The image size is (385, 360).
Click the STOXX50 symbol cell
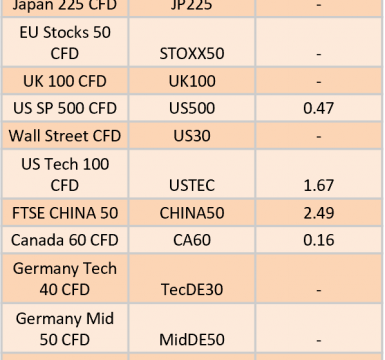tap(192, 54)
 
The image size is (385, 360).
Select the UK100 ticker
tap(192, 81)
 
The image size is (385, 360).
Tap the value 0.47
tap(318, 108)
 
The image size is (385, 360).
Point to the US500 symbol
tap(192, 108)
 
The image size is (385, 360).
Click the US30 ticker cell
tap(192, 136)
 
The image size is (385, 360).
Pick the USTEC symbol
tap(192, 185)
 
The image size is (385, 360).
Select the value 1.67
tap(319, 185)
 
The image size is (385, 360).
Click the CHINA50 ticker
tap(192, 213)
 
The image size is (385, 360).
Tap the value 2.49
tap(319, 213)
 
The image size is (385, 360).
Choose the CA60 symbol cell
tap(192, 240)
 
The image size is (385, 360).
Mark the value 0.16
tap(319, 240)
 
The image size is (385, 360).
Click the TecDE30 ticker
tap(192, 289)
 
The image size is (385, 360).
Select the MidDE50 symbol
tap(192, 340)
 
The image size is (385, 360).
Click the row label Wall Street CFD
tap(65, 136)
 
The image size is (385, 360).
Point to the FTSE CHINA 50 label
tap(65, 213)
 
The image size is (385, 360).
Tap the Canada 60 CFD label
tap(65, 240)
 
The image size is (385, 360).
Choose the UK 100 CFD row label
tap(65, 81)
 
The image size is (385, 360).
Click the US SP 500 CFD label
tap(65, 108)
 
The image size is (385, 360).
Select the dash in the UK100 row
tap(319, 82)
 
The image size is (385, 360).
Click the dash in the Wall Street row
tap(319, 137)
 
